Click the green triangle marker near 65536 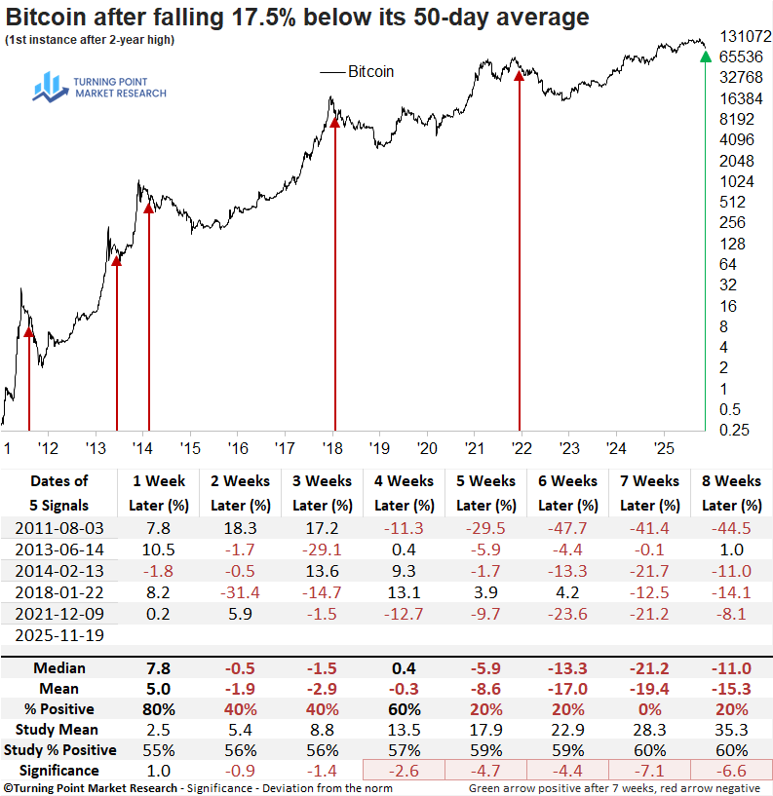[x=706, y=57]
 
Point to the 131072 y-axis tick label [x=746, y=36]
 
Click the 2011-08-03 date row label [x=58, y=526]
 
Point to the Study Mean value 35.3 [x=731, y=729]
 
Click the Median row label [x=58, y=668]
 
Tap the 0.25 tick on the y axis [x=734, y=430]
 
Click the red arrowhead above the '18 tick [x=334, y=119]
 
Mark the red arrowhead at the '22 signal [x=519, y=75]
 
